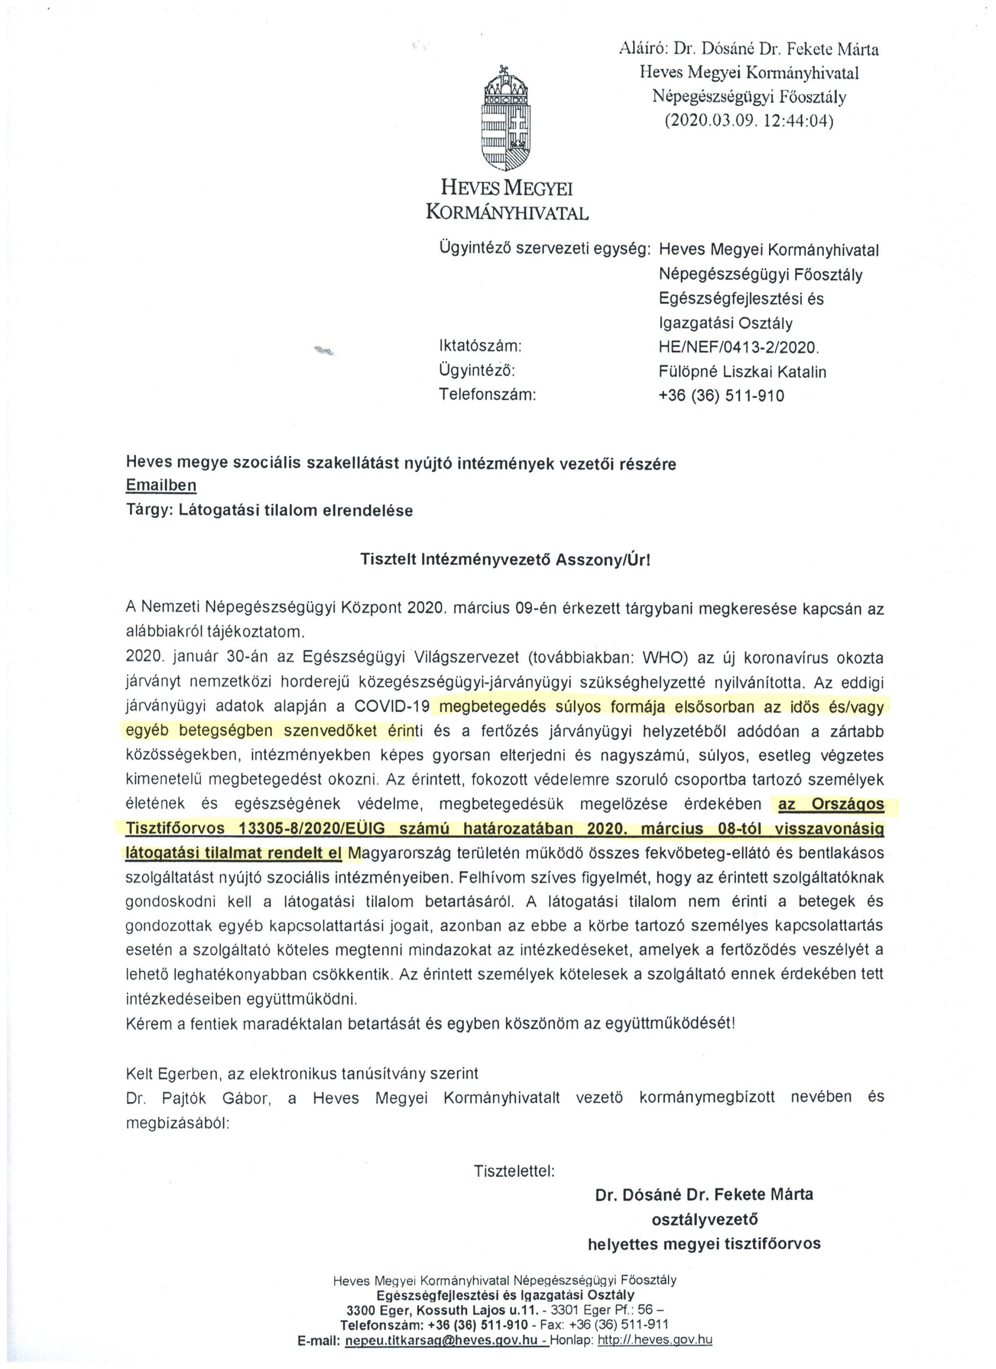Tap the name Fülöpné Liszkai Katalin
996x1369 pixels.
(742, 371)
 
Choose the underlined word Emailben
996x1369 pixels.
(161, 486)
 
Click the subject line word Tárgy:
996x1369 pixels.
(150, 510)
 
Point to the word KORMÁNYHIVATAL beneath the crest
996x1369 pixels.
(507, 211)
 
